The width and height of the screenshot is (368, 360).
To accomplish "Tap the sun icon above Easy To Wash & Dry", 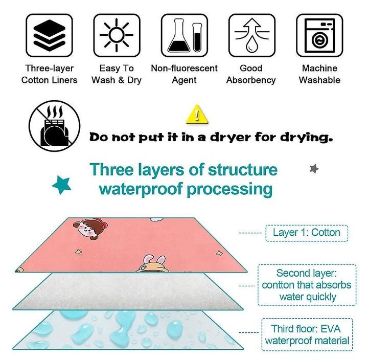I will point(117,35).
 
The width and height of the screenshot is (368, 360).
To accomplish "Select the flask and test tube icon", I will point(184,35).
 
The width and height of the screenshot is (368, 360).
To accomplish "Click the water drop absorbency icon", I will point(251,35).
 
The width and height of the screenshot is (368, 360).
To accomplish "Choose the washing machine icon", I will point(319,35).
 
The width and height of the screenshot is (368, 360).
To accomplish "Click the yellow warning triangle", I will point(195,115).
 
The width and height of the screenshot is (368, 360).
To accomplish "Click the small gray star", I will point(314,168).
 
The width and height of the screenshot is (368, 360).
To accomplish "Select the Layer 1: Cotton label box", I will point(306,233).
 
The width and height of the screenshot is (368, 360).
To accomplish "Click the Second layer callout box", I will point(306,285).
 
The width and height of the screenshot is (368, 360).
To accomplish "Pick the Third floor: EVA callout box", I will point(306,334).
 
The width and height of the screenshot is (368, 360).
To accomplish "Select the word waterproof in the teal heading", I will point(140,189).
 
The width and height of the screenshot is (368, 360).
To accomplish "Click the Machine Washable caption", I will point(319,74).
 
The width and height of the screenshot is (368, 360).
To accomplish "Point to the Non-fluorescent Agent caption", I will point(184,74).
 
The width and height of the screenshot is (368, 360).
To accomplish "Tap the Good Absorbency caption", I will point(251,74).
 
